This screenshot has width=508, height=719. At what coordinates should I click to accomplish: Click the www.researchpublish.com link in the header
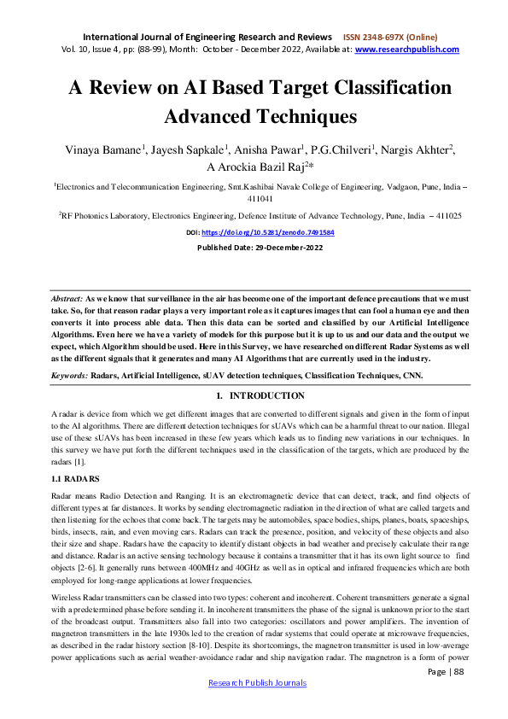tap(406, 50)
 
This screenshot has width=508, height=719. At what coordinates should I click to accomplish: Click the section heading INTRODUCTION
tap(266, 395)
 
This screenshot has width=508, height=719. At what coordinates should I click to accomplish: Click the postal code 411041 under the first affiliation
tap(254, 196)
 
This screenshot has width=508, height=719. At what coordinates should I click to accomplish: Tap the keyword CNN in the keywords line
tap(420, 375)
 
